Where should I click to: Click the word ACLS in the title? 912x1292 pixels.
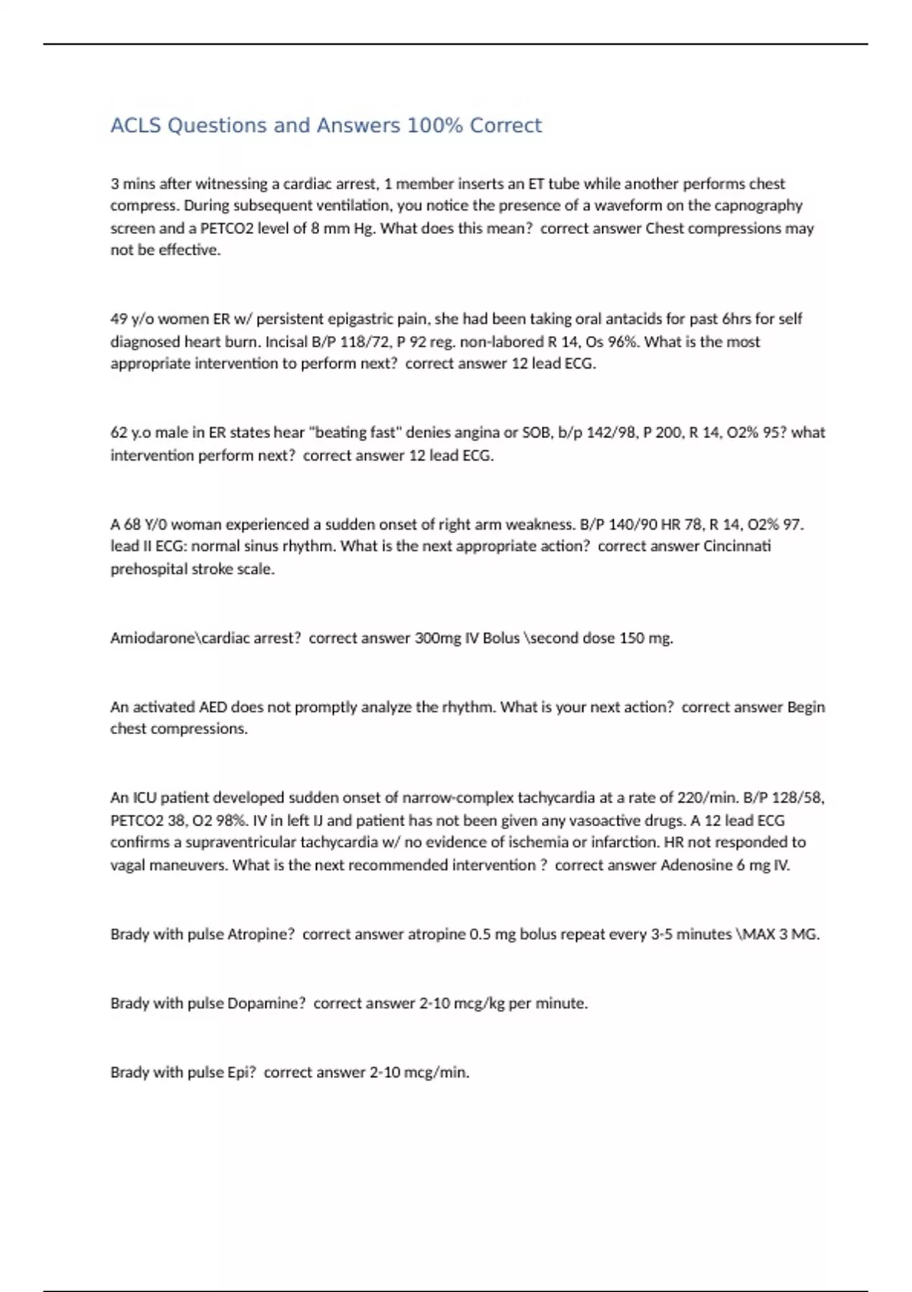coord(136,125)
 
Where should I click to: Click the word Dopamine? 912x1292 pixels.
coord(266,1003)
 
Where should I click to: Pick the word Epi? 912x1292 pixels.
coord(241,1072)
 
